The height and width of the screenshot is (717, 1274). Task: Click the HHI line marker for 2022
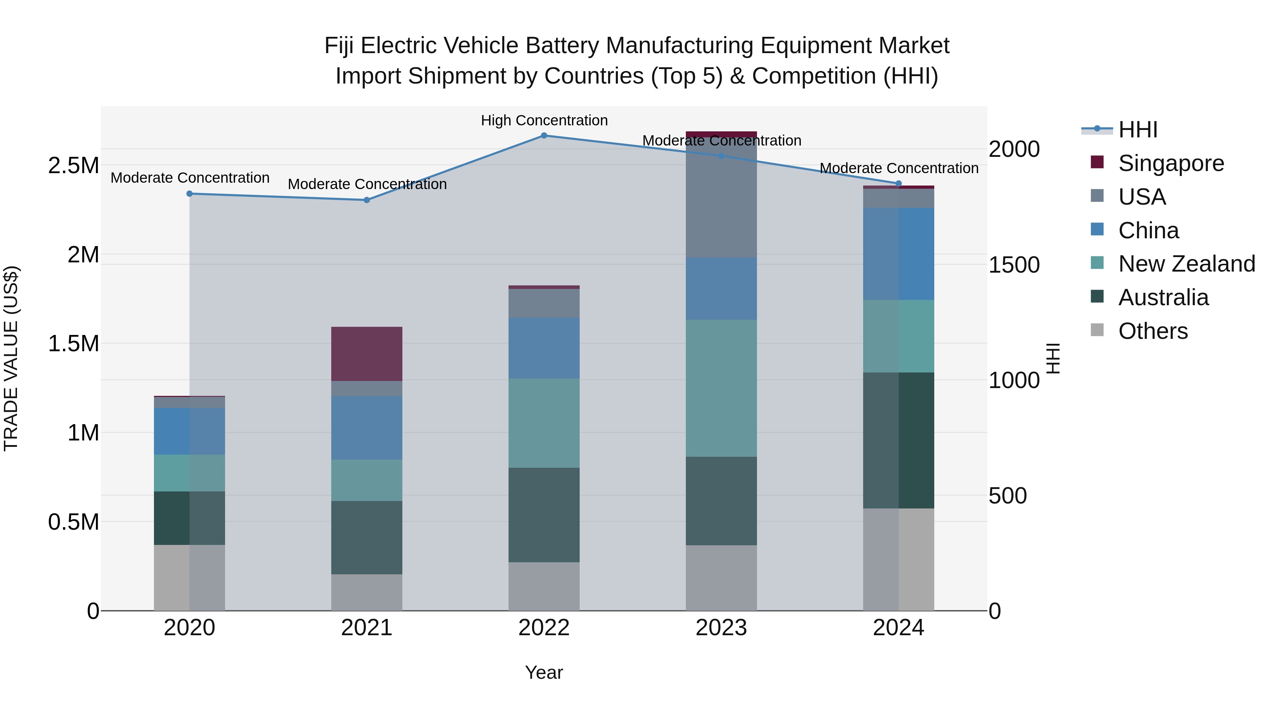click(544, 136)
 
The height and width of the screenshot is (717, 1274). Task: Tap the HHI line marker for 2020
click(189, 194)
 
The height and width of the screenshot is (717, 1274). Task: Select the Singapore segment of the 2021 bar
click(367, 354)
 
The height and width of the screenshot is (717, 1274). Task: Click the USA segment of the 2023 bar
click(721, 198)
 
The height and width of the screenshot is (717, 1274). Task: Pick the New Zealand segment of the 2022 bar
click(544, 423)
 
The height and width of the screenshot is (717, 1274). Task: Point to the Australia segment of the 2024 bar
click(899, 440)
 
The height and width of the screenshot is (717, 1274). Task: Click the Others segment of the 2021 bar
click(367, 592)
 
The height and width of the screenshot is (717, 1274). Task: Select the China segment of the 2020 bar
click(189, 431)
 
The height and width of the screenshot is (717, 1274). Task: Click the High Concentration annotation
click(544, 120)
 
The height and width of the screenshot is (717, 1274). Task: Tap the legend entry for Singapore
click(1171, 163)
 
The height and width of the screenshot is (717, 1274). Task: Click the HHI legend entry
click(1137, 130)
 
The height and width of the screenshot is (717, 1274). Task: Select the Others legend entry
click(1152, 331)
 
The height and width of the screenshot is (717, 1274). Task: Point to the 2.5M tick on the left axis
click(74, 165)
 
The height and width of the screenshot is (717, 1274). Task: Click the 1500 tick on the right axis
click(1014, 265)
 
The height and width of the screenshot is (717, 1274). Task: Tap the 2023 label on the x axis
click(721, 628)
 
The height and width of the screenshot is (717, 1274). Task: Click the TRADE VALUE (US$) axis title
click(11, 358)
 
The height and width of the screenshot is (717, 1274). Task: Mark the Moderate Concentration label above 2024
click(899, 168)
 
